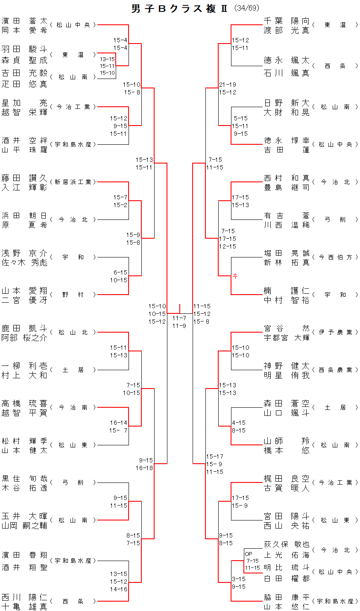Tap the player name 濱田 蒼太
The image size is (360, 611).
pos(24,21)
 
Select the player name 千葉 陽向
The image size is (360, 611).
pos(287,21)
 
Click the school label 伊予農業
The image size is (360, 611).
pos(335,332)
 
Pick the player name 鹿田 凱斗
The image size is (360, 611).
pos(24,328)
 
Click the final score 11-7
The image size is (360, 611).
pos(179,318)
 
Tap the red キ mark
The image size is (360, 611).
pos(235,276)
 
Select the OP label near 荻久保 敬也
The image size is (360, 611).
pos(249,554)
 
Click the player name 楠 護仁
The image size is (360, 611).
pos(287,291)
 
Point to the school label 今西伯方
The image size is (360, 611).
pos(335,257)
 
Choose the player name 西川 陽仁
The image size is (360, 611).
pos(24,597)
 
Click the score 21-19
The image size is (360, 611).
pos(227,85)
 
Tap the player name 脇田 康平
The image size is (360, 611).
pos(287,597)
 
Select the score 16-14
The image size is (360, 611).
pos(119,423)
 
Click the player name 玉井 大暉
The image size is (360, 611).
pos(24,516)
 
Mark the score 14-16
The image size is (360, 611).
pos(119,589)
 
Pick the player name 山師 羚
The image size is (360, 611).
pos(287,441)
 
